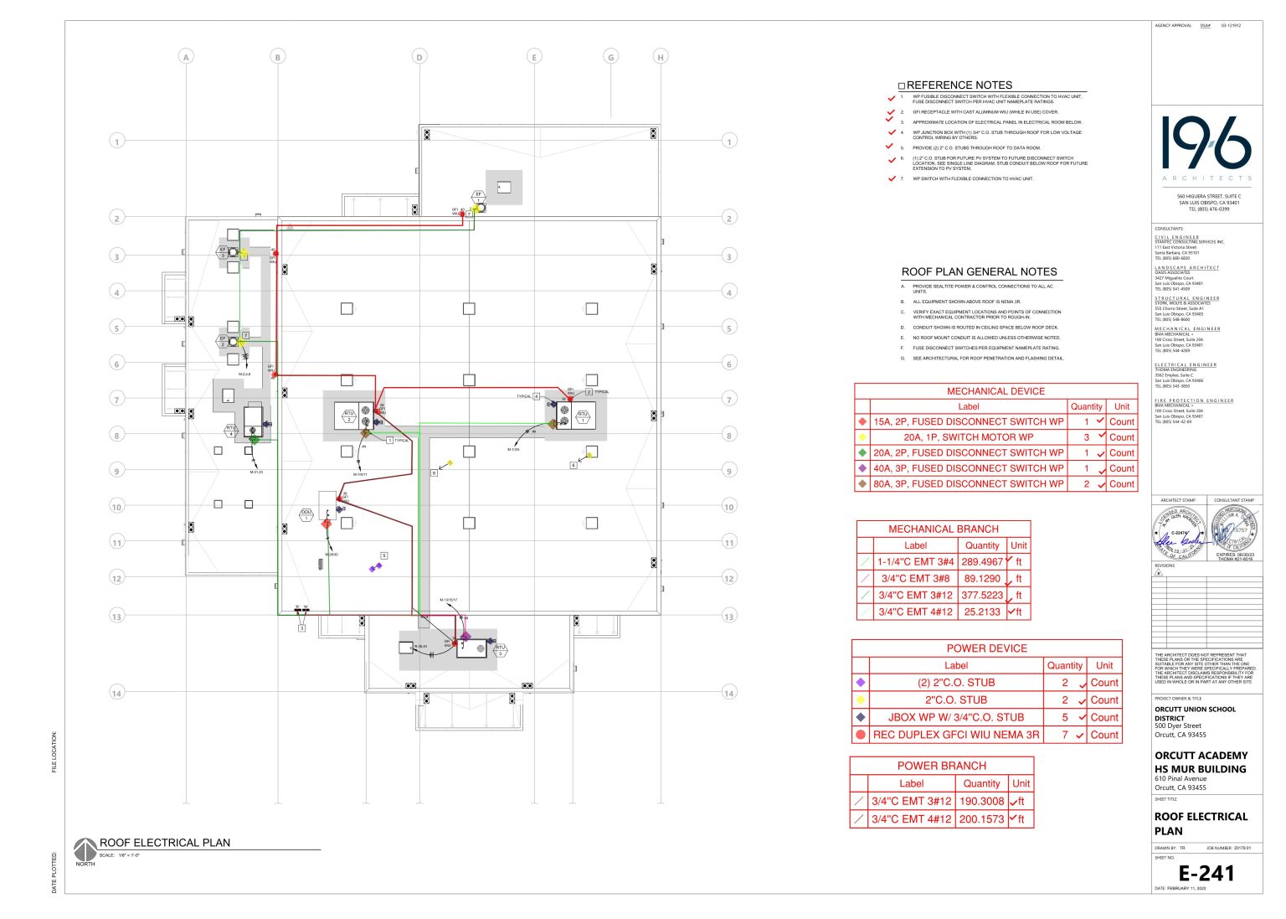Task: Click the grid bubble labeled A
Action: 186,57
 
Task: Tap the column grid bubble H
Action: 661,57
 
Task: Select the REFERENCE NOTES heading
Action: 959,85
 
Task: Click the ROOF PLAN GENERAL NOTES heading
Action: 979,272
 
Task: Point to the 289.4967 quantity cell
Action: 981,562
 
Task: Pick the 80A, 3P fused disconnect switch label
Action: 968,484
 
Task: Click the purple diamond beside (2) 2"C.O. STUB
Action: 861,683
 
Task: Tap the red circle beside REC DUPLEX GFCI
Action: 861,735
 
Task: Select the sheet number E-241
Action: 1206,874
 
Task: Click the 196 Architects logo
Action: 1206,147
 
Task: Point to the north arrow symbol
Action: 85,849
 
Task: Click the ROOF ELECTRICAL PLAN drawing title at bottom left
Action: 165,843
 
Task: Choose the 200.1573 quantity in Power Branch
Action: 981,819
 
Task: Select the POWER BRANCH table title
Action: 941,766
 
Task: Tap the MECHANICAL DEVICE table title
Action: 995,391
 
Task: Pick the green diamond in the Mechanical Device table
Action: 862,453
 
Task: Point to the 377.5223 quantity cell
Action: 981,596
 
